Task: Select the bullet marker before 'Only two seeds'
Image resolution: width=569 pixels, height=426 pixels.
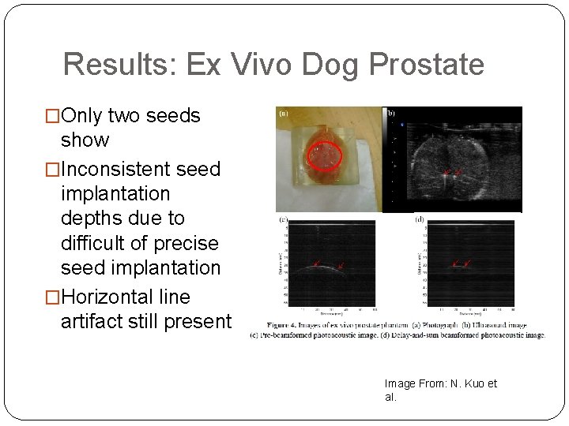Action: [54, 117]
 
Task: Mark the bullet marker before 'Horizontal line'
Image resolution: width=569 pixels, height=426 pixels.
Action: [54, 297]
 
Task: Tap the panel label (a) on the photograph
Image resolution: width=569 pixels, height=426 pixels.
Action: [284, 114]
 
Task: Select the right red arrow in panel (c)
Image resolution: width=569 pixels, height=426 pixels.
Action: [340, 266]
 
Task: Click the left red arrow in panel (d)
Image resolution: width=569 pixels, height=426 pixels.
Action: [455, 263]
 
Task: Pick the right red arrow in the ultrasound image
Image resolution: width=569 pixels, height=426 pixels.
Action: [458, 171]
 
